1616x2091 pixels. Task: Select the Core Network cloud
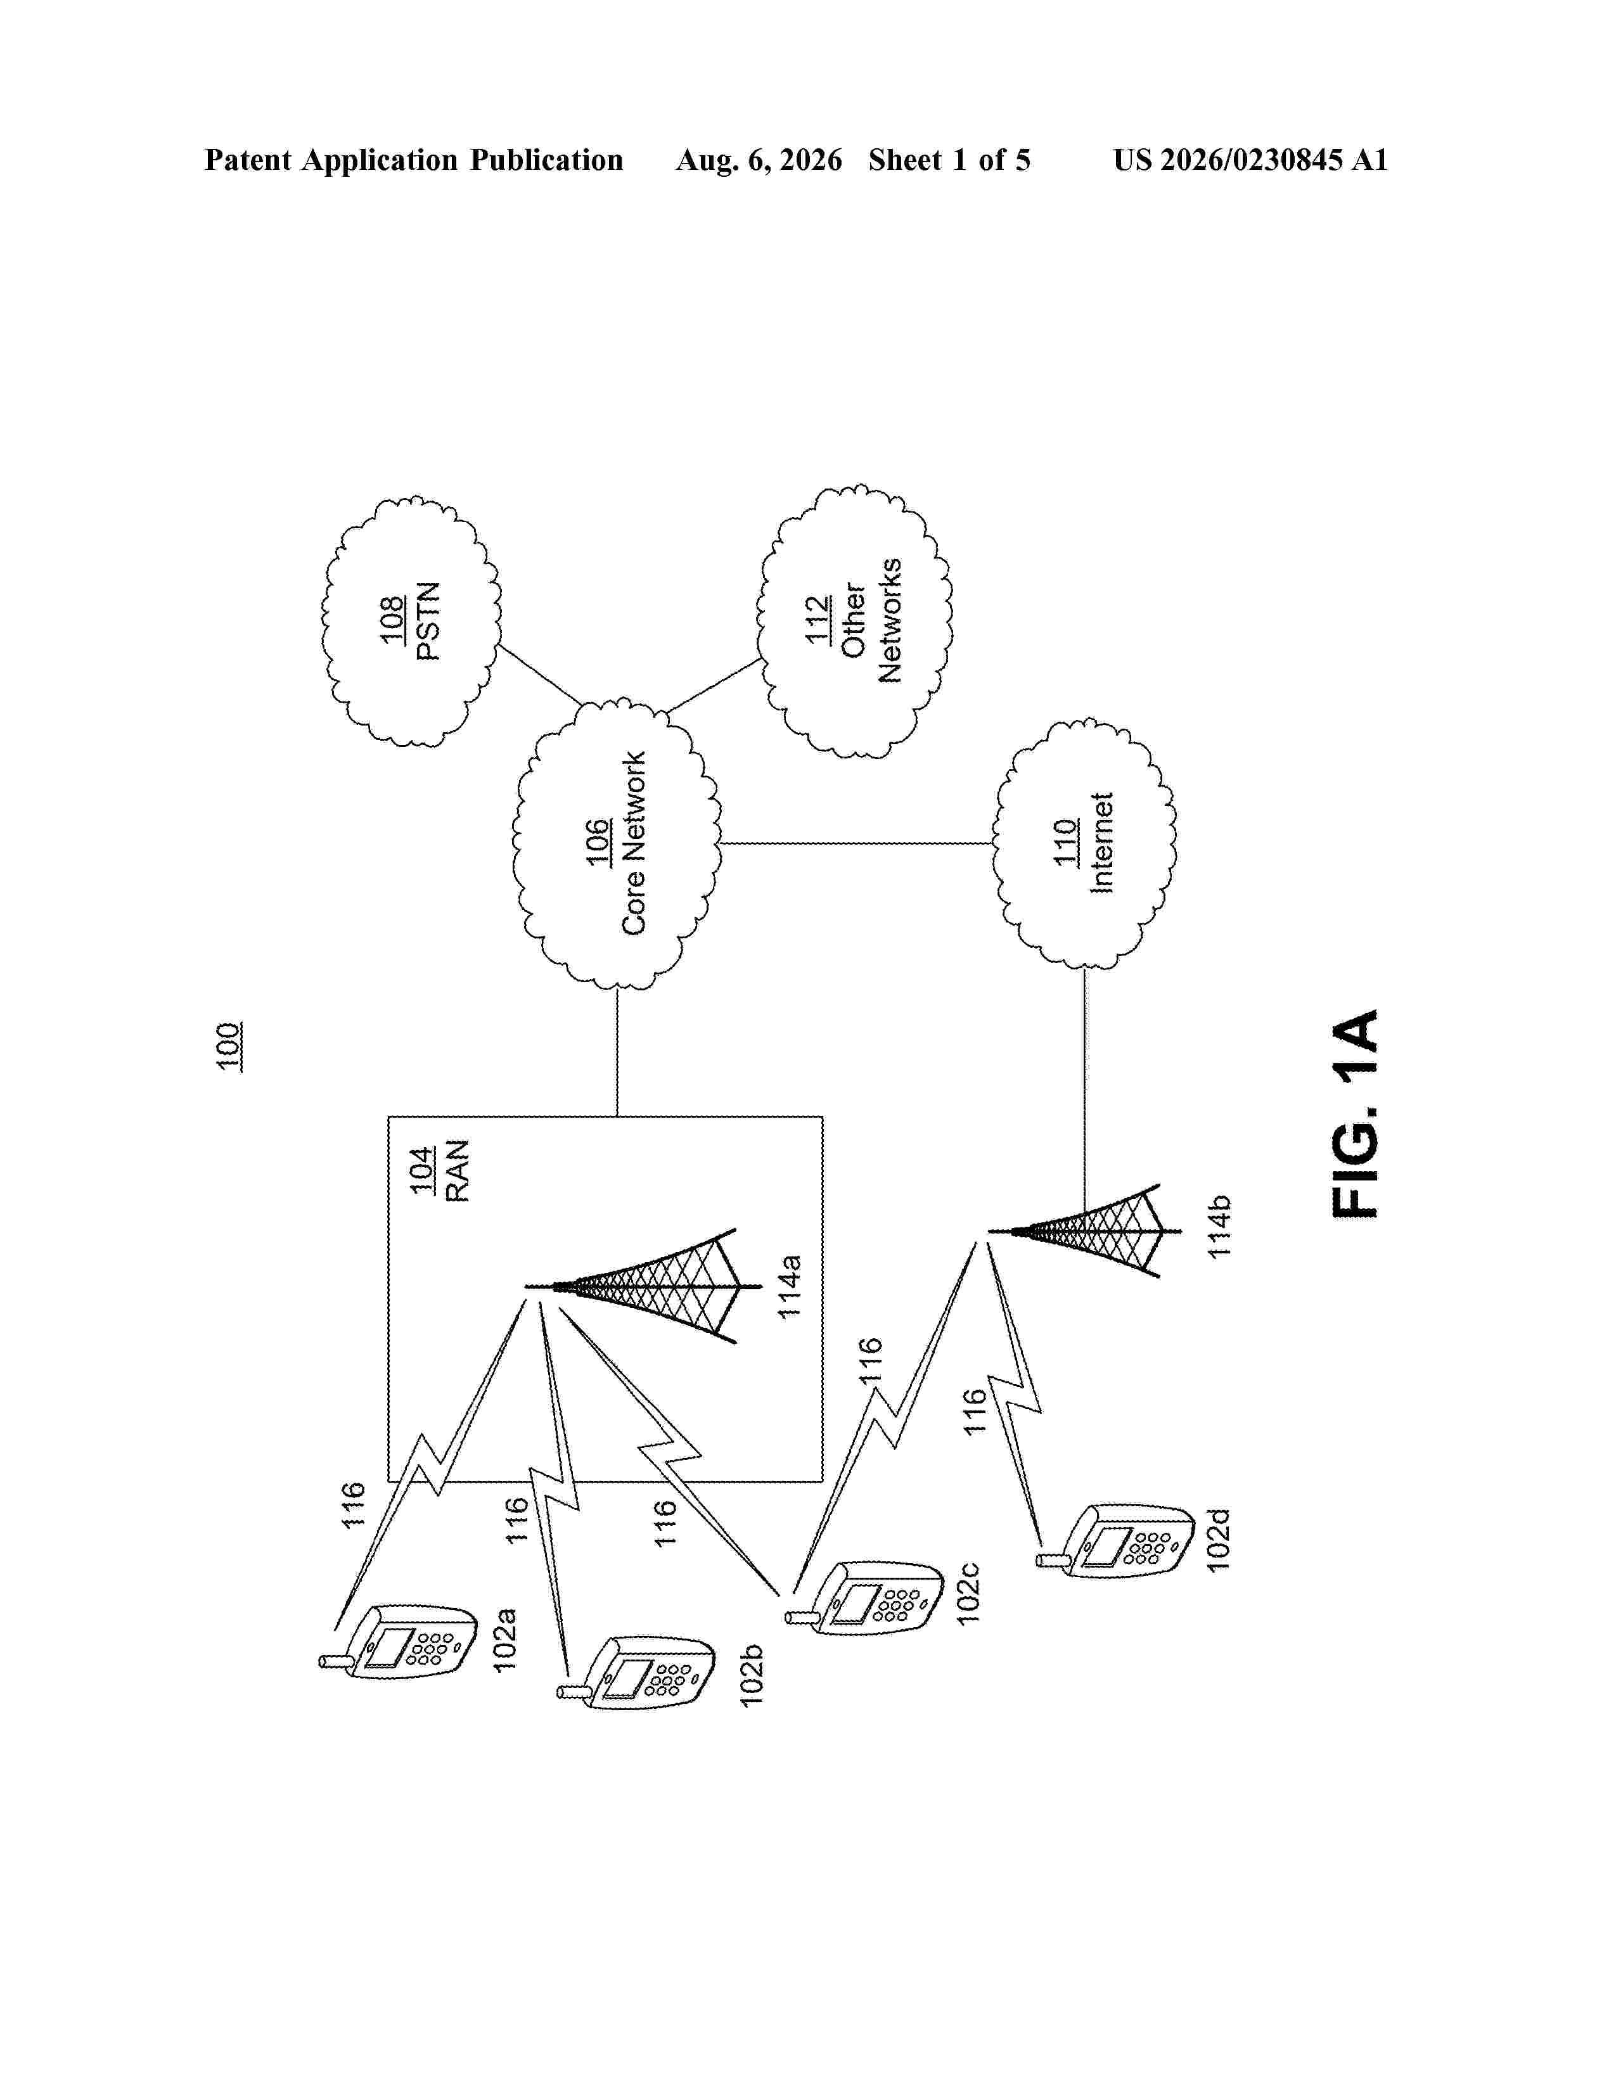(x=617, y=843)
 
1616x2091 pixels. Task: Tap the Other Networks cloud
(x=855, y=622)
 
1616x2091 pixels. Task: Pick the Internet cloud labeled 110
(x=1086, y=843)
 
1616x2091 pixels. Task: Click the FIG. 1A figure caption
(x=1356, y=1113)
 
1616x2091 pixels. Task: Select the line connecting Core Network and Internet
(x=857, y=843)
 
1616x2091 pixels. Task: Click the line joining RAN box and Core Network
(x=617, y=1052)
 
